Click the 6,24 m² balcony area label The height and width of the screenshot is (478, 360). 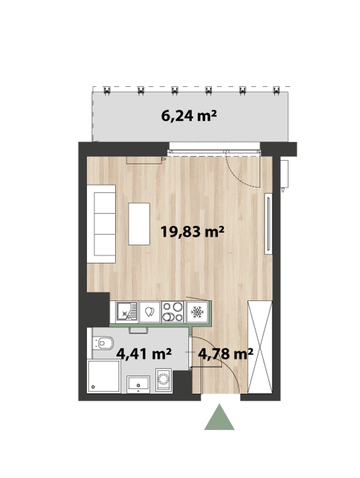189,116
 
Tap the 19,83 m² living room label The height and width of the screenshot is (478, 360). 192,232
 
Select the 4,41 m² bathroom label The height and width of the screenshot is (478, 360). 144,354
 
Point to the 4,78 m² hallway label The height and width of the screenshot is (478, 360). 226,354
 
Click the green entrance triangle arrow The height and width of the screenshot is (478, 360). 219,417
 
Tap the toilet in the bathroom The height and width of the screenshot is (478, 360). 103,343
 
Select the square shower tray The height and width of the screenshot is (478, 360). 104,376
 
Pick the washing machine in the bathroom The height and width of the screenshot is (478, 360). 164,380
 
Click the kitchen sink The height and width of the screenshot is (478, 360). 127,311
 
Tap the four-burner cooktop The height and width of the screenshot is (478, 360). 172,311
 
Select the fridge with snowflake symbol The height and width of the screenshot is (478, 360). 197,311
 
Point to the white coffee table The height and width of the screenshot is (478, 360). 139,224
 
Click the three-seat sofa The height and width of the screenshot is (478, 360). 101,224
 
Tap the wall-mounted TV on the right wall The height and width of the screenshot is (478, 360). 268,224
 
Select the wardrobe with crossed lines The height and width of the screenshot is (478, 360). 260,347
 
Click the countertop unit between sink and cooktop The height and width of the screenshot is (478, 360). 149,311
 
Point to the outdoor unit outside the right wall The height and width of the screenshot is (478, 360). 284,175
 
